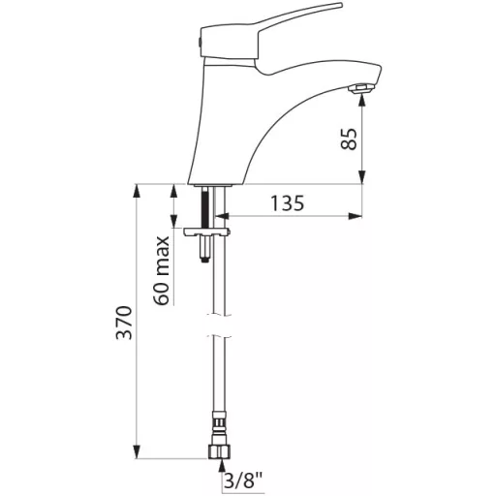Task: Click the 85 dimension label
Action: tap(349, 139)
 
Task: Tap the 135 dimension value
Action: tap(287, 203)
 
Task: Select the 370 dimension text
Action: tap(124, 323)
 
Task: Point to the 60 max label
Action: tap(162, 270)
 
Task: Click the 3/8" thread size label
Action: tap(243, 481)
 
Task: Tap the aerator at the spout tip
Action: tap(359, 88)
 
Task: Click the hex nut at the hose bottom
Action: tap(219, 451)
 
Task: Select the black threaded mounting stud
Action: tap(204, 207)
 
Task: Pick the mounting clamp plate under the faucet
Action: tap(206, 232)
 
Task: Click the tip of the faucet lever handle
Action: tap(340, 6)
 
